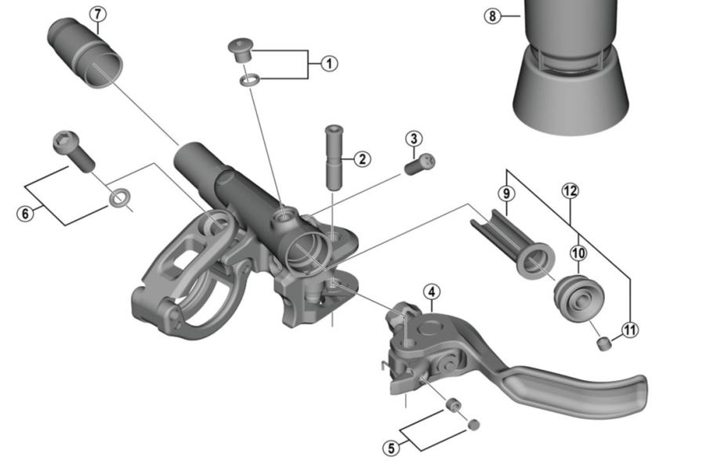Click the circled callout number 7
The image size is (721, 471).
click(x=97, y=14)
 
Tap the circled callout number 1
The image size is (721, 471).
click(x=329, y=63)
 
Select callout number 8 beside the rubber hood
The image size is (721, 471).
click(x=492, y=16)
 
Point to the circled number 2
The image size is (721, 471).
click(x=362, y=160)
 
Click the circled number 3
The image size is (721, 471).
click(x=414, y=139)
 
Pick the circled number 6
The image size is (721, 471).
click(x=25, y=213)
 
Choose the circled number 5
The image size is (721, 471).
click(x=391, y=447)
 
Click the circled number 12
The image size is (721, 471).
click(x=570, y=190)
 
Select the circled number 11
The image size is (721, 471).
click(x=630, y=329)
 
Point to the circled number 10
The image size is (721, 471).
click(x=578, y=252)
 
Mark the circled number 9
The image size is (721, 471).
click(x=506, y=194)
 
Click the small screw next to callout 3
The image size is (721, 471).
click(x=420, y=164)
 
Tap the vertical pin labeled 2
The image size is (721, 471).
click(x=335, y=157)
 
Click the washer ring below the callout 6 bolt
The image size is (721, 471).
click(x=119, y=197)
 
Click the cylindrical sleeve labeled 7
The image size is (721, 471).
click(x=85, y=53)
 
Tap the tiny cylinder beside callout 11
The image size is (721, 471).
click(x=604, y=343)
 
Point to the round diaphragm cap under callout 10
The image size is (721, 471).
click(x=578, y=298)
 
